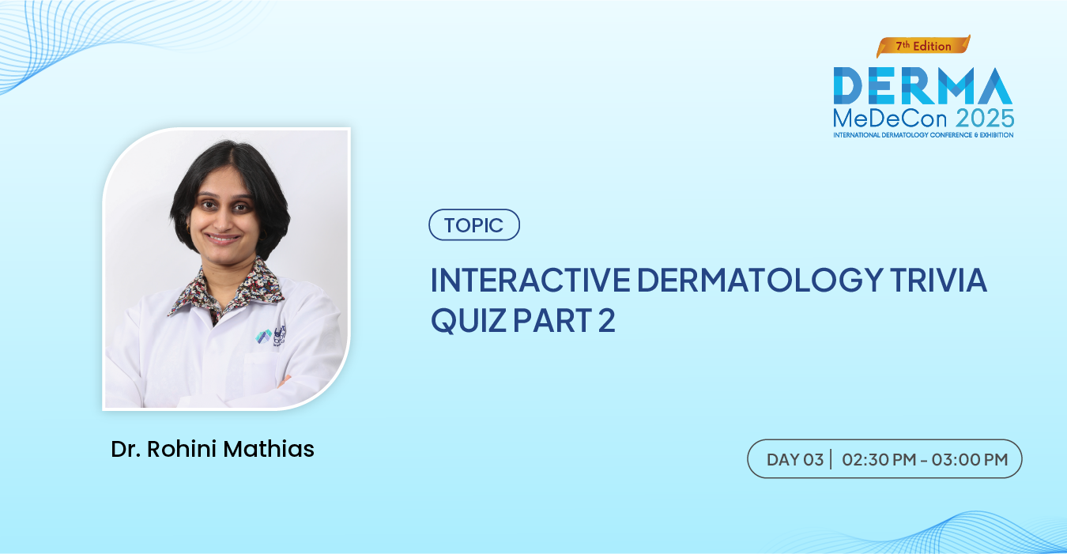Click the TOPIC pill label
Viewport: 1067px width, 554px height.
tap(474, 224)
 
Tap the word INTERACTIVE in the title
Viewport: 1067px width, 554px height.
tap(530, 280)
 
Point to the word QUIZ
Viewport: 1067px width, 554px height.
tap(469, 321)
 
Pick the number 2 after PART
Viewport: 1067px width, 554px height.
tap(606, 320)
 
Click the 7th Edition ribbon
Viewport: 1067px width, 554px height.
tap(923, 46)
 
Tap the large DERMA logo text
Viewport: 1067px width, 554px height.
tap(923, 85)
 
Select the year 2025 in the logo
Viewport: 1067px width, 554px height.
tap(985, 119)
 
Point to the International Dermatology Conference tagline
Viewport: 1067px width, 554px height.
tap(923, 135)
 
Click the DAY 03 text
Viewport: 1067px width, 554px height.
tap(795, 460)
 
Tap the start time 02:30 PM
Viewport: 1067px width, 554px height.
tap(880, 460)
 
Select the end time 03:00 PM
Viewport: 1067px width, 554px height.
tap(970, 460)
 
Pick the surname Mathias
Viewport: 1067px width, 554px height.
tap(269, 449)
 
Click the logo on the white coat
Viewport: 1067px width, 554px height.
tap(270, 336)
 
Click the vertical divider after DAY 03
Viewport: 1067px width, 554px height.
tap(831, 459)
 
